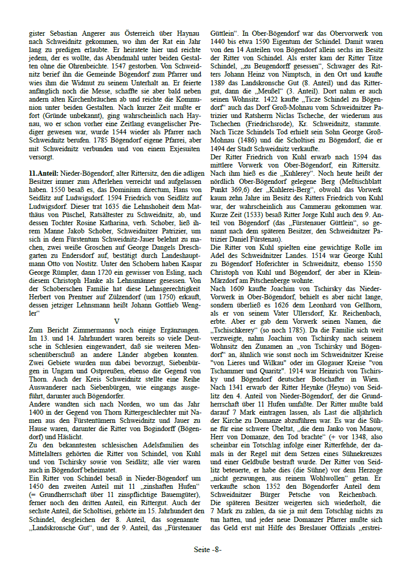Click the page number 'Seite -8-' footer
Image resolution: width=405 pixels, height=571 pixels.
tap(207, 550)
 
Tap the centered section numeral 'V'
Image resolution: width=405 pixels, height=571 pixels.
tap(116, 321)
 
